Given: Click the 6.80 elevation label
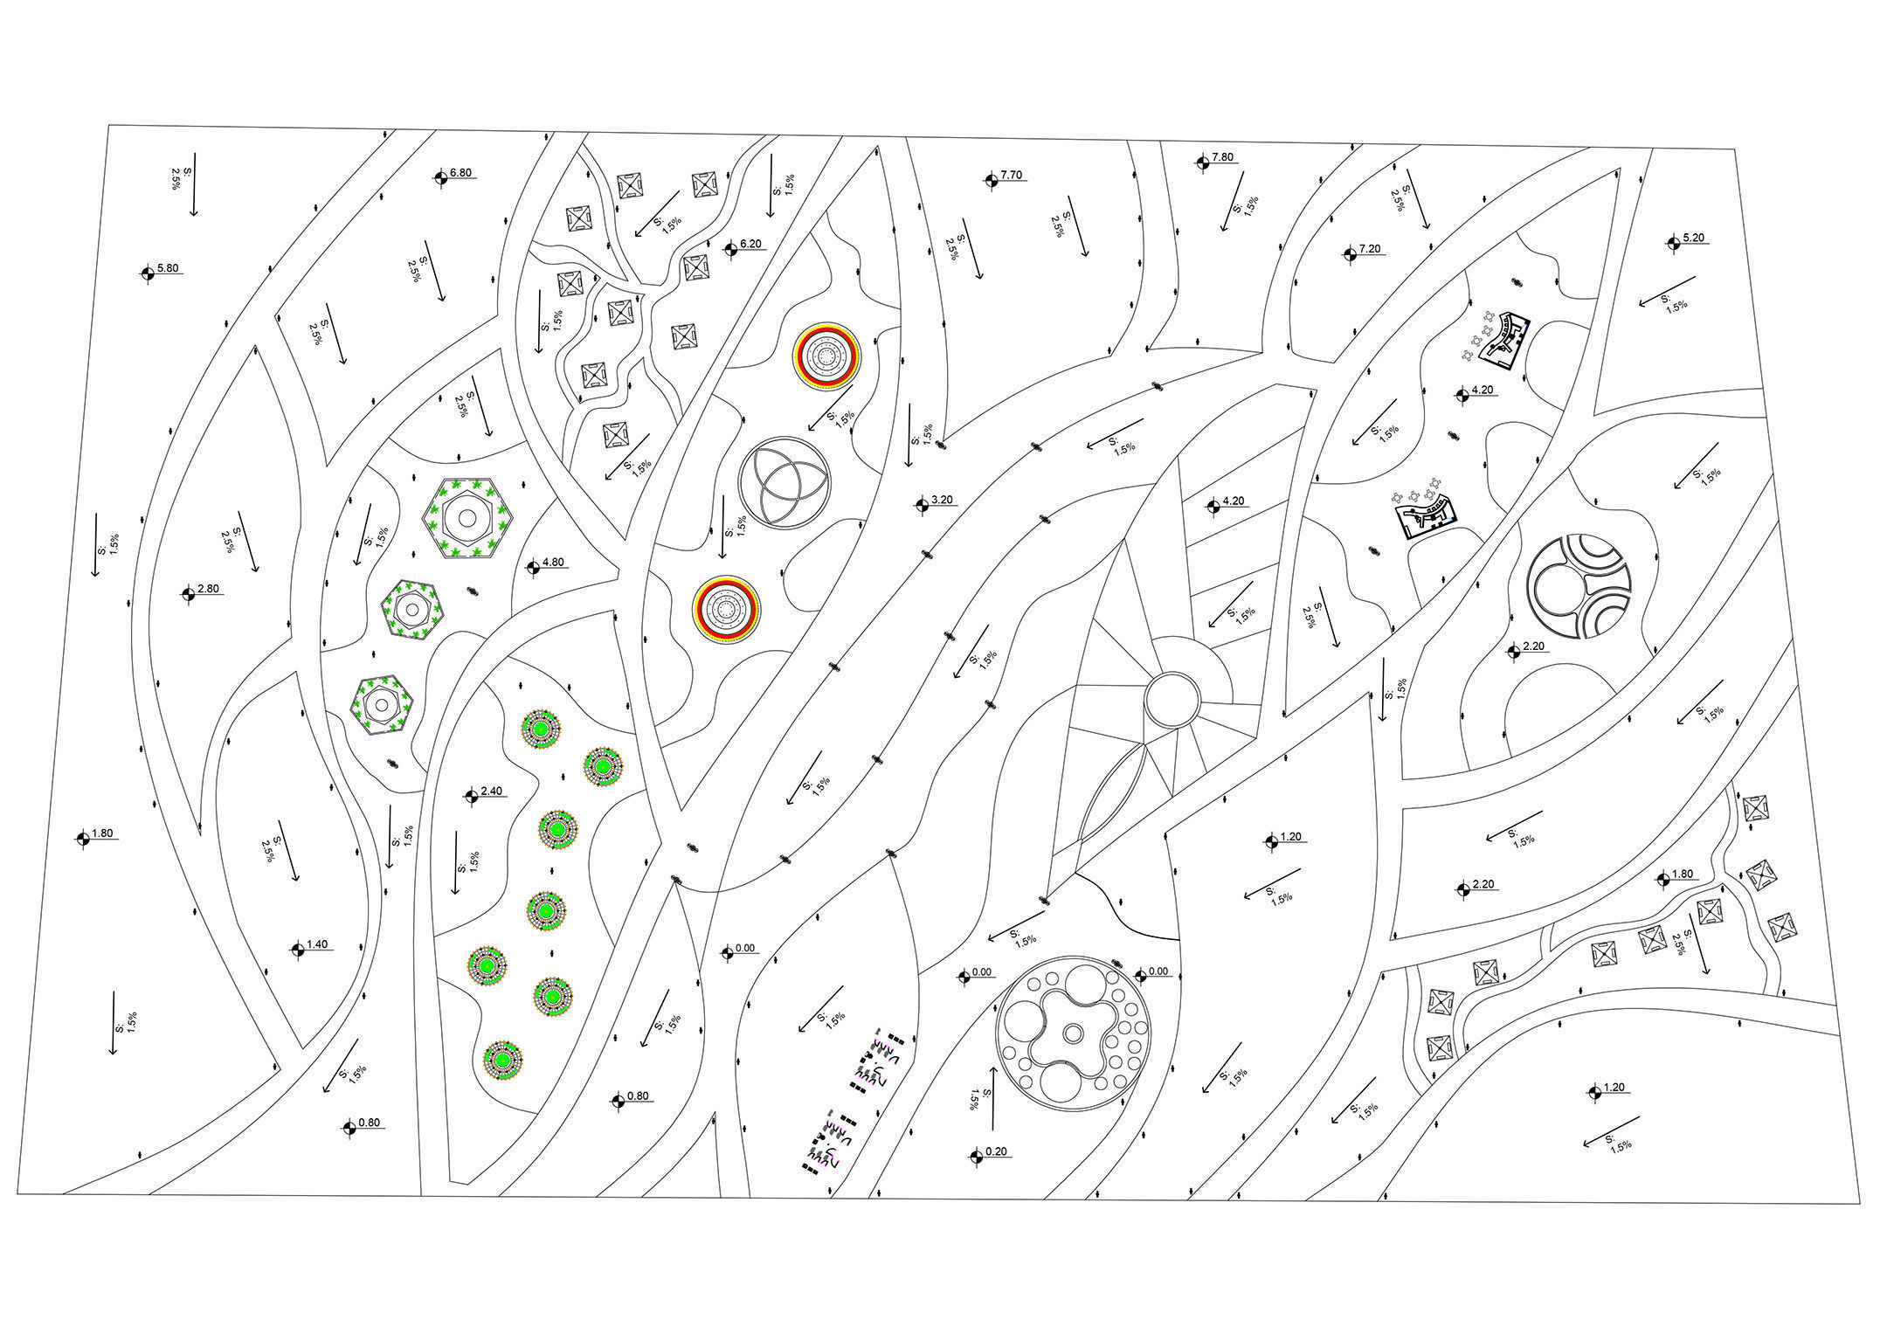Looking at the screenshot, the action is coord(460,173).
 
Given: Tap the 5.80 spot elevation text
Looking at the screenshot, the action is coord(168,268).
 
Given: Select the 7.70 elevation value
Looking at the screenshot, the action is coord(1011,176).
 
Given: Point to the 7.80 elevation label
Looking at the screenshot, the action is coord(1222,157).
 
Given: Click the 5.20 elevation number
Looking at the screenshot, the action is coord(1693,238).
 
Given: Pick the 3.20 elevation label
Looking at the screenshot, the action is coord(942,500).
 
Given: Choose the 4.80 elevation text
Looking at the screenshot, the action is coord(553,563).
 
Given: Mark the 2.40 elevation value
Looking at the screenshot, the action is coord(491,791).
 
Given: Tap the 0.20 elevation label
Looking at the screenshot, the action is coord(996,1152).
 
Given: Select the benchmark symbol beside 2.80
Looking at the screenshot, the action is coord(188,594).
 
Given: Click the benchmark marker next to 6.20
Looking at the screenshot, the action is coord(730,249).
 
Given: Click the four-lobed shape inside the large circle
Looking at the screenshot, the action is coord(1072,1033).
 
